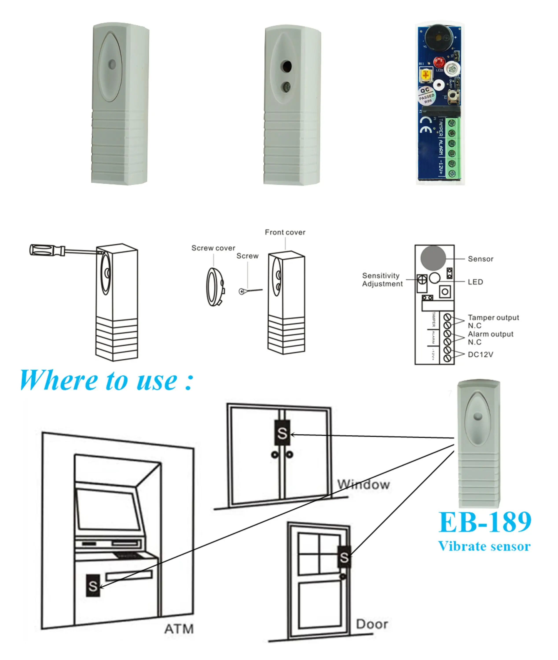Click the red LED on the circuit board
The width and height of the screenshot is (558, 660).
click(x=439, y=62)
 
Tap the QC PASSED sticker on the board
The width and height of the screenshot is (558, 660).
click(x=427, y=95)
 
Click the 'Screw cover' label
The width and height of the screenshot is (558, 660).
click(x=213, y=248)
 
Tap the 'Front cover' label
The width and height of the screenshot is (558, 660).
click(x=285, y=233)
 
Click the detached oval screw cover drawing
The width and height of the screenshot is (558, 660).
click(x=215, y=287)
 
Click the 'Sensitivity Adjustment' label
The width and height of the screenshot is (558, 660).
click(x=382, y=280)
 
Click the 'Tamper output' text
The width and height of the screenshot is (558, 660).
click(x=493, y=317)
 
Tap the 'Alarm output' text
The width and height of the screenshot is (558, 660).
click(x=490, y=334)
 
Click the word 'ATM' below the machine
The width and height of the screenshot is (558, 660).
click(x=179, y=629)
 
